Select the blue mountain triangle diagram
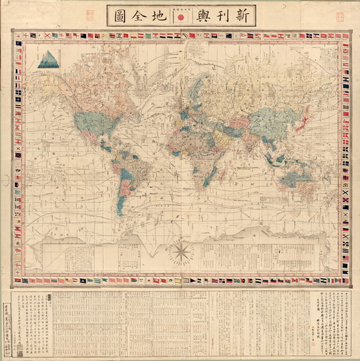click(x=46, y=61)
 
